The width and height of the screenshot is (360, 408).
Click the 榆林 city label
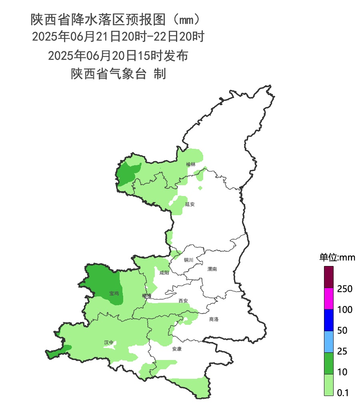tap(191, 164)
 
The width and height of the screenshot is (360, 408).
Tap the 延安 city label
tap(190, 204)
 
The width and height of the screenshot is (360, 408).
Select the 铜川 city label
tap(188, 260)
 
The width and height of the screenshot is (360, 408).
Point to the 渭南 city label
tap(212, 269)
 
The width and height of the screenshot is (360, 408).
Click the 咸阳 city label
tap(164, 273)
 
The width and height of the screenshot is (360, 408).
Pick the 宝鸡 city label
tap(114, 293)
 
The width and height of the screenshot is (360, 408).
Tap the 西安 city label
tap(183, 300)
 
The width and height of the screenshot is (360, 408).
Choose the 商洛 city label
tap(214, 319)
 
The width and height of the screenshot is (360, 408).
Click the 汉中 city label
tap(109, 342)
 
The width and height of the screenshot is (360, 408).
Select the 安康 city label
tap(177, 349)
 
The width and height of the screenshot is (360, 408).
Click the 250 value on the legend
tap(344, 289)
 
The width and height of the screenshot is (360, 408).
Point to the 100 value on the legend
tap(344, 310)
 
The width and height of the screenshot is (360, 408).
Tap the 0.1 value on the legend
tap(343, 393)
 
